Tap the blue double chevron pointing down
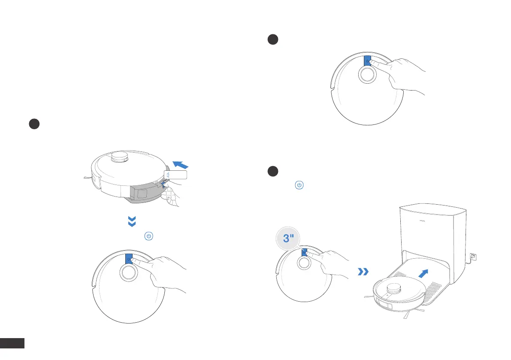(133, 221)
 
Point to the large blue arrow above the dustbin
(180, 164)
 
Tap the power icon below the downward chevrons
(149, 236)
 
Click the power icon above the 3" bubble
(299, 185)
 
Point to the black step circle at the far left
(34, 124)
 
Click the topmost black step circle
(272, 39)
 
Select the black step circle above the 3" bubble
(272, 171)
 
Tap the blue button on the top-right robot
(367, 61)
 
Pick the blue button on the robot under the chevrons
(129, 259)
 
